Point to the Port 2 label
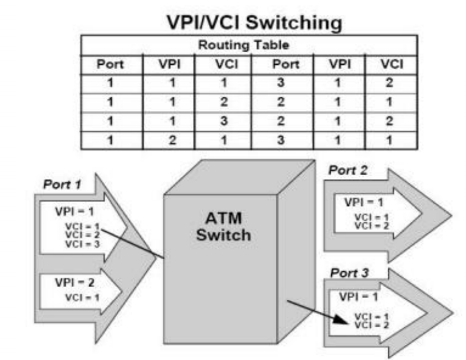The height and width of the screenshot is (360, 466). [348, 171]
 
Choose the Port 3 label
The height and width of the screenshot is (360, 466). [349, 273]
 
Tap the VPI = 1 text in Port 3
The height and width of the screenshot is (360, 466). [358, 297]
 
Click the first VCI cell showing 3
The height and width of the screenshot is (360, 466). [223, 120]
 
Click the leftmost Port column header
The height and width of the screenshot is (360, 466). [110, 64]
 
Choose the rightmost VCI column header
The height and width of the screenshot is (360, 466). [392, 64]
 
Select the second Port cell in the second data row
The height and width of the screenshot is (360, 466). [281, 102]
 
